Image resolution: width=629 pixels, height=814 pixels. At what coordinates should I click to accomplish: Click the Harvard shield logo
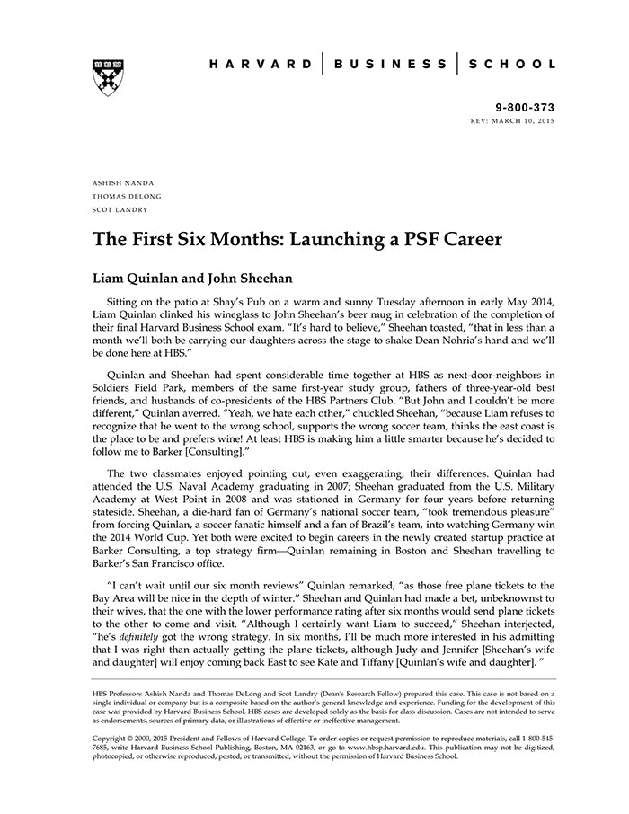(107, 78)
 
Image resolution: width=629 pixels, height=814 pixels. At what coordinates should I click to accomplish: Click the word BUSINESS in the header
(390, 65)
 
